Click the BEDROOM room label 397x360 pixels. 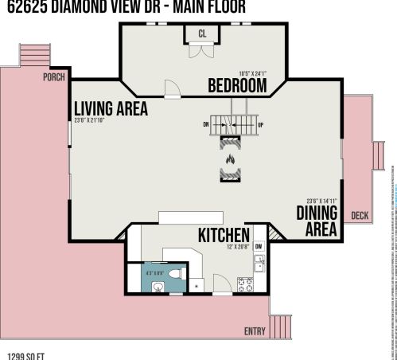pos(237,86)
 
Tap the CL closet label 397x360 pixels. pos(202,33)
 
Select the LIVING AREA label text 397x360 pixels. pos(111,109)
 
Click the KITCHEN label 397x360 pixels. pos(224,236)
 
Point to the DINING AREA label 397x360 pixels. pos(317,221)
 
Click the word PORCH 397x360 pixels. pos(54,78)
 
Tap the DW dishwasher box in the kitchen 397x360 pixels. pos(259,246)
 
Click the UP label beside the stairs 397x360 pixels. pos(261,124)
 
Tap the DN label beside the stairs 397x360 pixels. pos(205,124)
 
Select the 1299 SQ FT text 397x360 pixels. pos(24,355)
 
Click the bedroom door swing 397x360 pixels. pos(169,88)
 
